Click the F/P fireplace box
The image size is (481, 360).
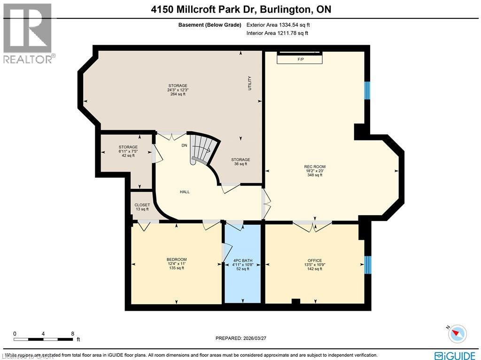click(x=299, y=59)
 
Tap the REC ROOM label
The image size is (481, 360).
click(x=315, y=167)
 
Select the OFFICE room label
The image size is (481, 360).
click(x=315, y=260)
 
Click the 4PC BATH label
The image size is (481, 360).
click(x=242, y=260)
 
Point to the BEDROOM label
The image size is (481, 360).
click(x=177, y=259)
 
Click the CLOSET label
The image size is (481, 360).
click(x=142, y=205)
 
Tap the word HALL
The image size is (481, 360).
click(x=185, y=192)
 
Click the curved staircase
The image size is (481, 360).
click(x=203, y=149)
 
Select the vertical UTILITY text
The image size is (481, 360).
click(x=250, y=83)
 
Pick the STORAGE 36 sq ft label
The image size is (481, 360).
click(x=240, y=160)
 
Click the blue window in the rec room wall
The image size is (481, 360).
click(x=367, y=90)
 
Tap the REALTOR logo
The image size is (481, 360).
click(x=28, y=33)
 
